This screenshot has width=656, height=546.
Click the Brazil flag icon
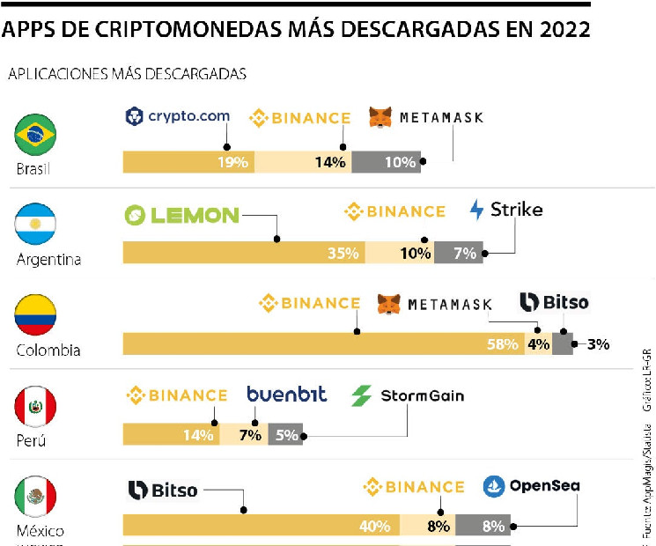coord(36,134)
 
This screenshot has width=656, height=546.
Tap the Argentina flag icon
coord(36,224)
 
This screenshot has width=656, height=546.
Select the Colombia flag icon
coord(36,315)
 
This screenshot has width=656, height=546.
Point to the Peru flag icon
coord(36,407)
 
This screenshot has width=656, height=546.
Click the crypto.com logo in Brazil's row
coord(178,115)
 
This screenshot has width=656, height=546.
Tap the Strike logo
coord(506,210)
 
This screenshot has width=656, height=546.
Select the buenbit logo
coord(286,395)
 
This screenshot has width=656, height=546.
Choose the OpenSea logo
coord(532,485)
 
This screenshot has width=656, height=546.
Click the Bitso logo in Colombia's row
coord(554,302)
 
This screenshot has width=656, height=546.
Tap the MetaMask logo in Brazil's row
coord(425,117)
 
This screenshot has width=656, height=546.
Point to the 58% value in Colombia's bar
coord(502,344)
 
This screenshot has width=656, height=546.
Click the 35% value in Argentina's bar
coord(343,253)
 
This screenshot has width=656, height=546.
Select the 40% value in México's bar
coord(374,526)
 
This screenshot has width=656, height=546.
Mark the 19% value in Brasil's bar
coord(235,162)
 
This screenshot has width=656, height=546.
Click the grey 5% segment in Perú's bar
coord(285,434)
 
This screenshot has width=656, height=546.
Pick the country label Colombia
coord(48,350)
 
